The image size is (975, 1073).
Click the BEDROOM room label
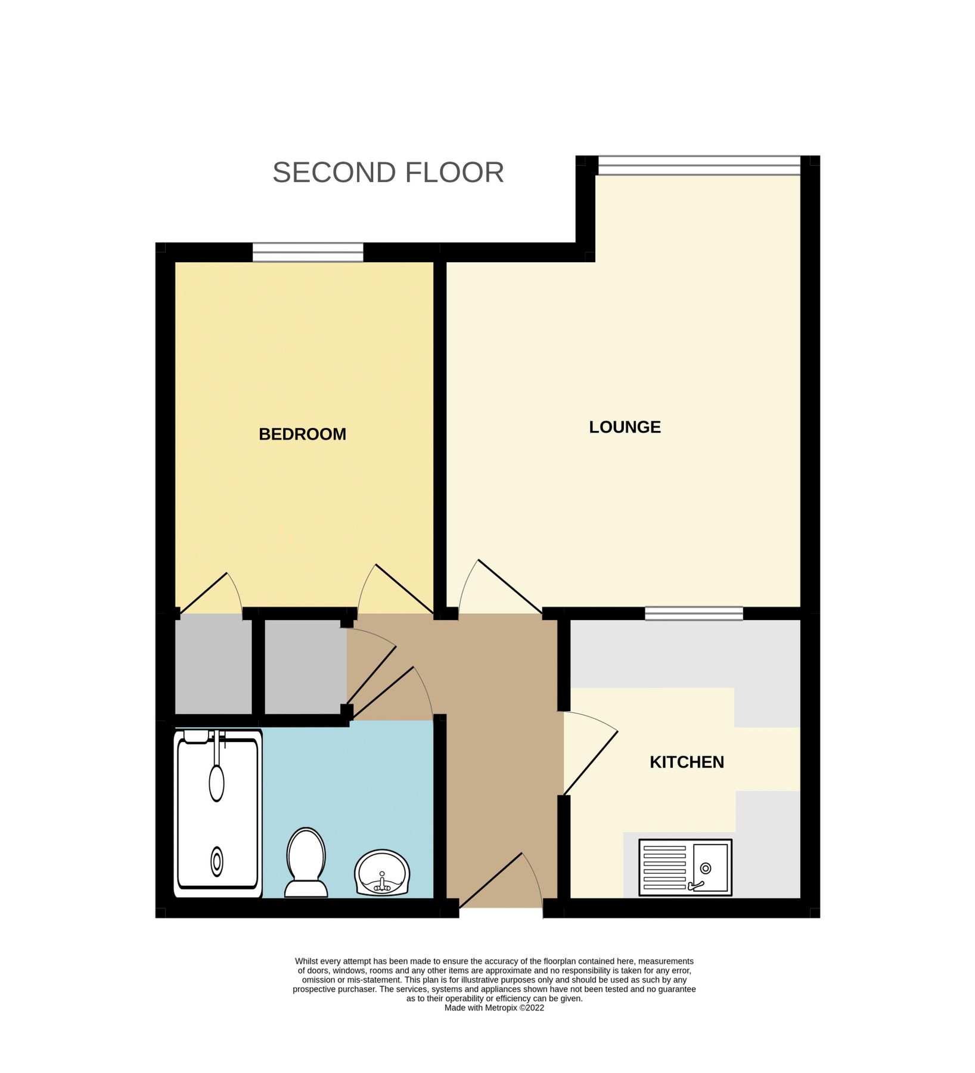point(302,434)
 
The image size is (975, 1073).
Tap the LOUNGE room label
point(625,427)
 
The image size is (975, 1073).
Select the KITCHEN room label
point(687,762)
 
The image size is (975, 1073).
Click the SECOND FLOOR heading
point(388,173)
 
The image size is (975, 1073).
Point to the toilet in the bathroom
point(306,862)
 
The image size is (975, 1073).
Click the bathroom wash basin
point(382,873)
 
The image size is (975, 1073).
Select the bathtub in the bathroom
point(218,813)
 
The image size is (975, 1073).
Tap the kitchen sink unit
point(685,868)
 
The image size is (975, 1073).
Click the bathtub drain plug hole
point(217,862)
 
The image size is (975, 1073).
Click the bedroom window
point(308,252)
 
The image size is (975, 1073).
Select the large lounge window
point(699,166)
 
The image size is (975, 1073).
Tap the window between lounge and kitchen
point(694,613)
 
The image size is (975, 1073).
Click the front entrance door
point(501,882)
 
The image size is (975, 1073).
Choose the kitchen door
point(591,753)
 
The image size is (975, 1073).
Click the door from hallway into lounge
point(501,587)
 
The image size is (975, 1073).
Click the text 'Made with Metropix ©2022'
point(494,1008)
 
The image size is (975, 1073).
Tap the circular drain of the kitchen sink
point(706,868)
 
